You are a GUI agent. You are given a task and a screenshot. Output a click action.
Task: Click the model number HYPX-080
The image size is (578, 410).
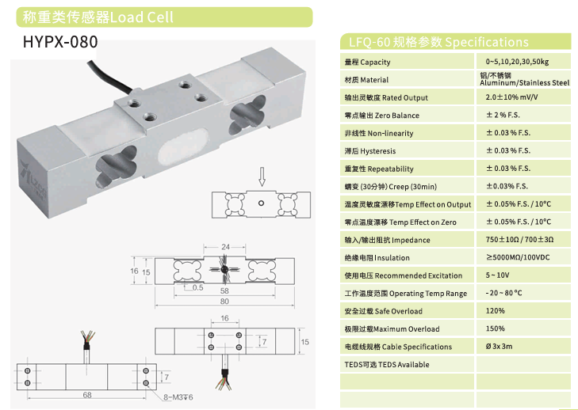point(60,42)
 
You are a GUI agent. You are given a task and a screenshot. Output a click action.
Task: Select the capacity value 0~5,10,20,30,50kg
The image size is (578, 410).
point(517,62)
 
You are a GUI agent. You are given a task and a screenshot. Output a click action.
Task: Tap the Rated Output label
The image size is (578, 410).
point(404,98)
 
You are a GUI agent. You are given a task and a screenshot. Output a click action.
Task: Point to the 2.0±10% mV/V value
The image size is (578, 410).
point(511,97)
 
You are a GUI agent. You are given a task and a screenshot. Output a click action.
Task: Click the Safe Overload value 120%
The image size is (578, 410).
point(495,310)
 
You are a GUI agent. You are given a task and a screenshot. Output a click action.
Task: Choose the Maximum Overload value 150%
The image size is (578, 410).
point(495,328)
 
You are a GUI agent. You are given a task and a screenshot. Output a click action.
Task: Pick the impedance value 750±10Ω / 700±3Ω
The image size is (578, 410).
point(519,240)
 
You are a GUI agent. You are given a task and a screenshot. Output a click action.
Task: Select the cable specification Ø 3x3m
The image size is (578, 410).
point(500,347)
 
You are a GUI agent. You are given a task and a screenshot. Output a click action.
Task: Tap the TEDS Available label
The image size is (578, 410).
point(387,364)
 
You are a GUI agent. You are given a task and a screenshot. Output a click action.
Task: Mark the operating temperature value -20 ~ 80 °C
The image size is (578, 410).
point(503,293)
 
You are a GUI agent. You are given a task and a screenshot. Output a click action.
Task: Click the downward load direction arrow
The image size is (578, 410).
point(262,177)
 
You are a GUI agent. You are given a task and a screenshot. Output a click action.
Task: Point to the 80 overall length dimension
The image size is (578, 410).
point(224,302)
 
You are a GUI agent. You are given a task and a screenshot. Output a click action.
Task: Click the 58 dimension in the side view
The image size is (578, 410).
point(224,290)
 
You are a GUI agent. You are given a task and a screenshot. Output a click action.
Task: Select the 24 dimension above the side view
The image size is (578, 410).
point(226,247)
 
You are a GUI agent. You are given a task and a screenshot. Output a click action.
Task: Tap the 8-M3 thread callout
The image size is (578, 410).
point(178,397)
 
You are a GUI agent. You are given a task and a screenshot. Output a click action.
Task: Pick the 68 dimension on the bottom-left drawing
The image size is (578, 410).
point(87,395)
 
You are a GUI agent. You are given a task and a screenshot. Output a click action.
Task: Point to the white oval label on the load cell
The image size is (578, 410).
point(183,146)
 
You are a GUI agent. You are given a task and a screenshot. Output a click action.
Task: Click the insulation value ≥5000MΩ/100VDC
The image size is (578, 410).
point(518,257)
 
